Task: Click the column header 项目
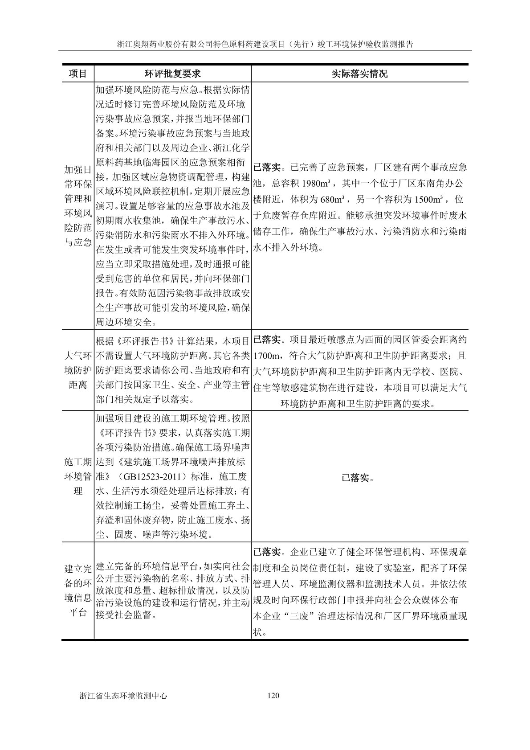77,74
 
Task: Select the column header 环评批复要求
172,74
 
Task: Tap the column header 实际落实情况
359,74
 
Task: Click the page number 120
273,695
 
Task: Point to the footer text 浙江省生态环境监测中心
122,695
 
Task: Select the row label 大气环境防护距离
77,370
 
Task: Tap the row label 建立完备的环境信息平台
77,590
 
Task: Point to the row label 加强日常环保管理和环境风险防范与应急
77,206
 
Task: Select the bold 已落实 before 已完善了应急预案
267,168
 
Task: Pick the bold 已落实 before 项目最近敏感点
267,340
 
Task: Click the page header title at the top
265,45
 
